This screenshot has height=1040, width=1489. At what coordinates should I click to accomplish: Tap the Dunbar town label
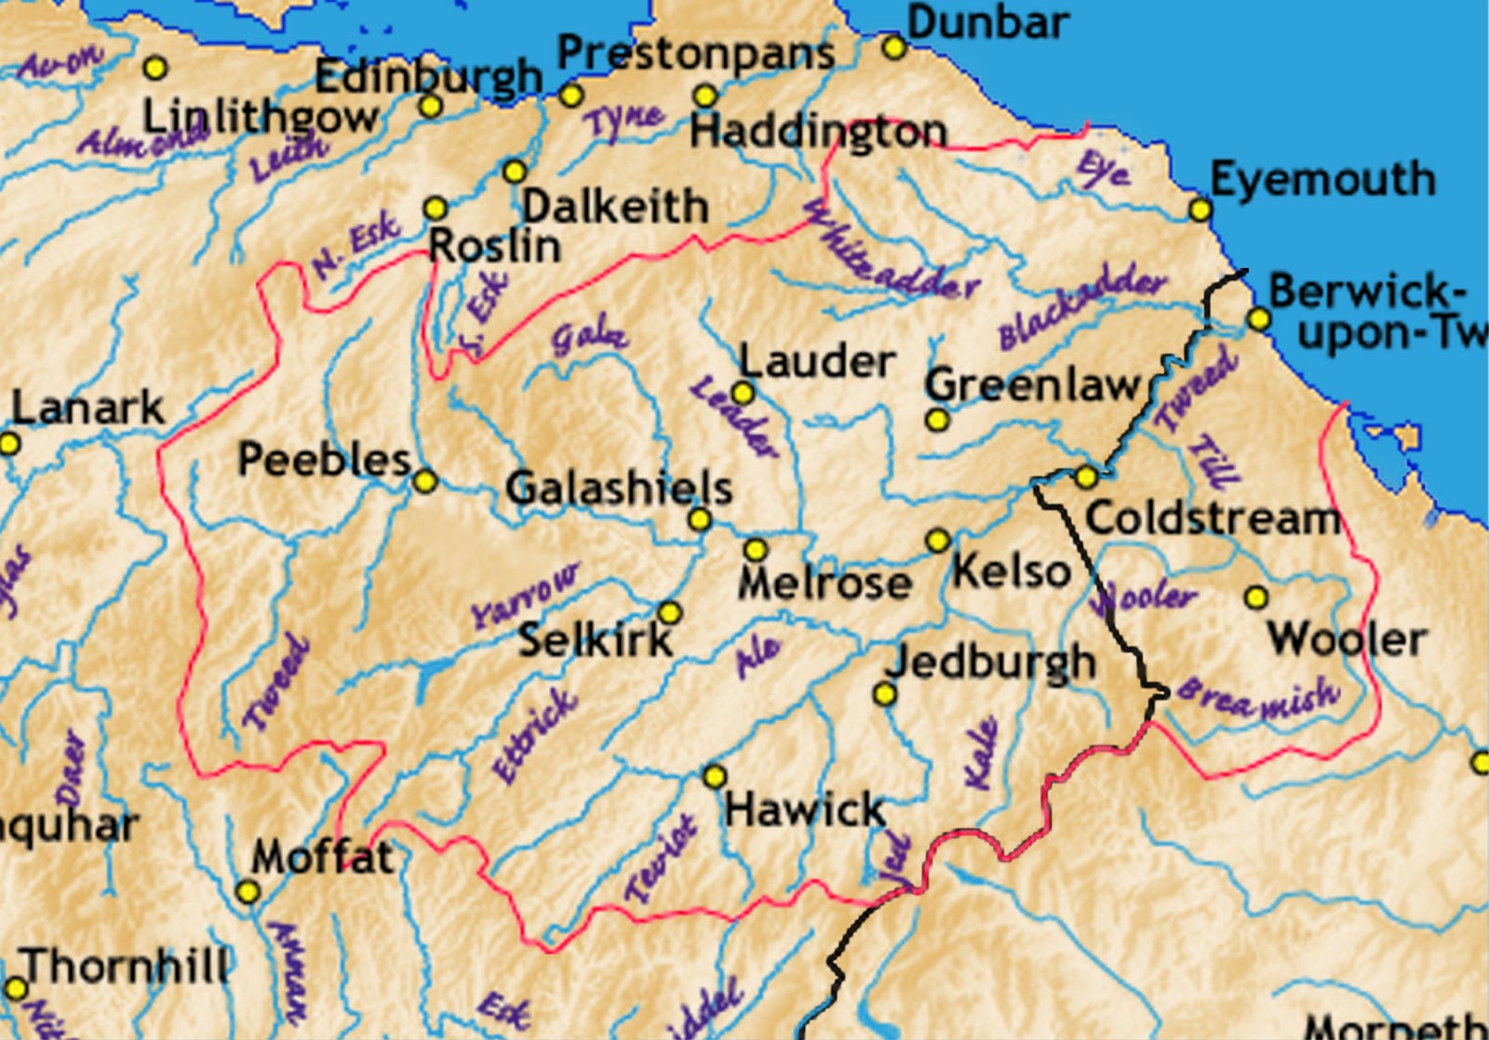(987, 22)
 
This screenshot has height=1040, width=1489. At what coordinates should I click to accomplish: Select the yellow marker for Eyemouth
(1201, 210)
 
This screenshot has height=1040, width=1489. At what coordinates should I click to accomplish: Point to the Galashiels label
(619, 487)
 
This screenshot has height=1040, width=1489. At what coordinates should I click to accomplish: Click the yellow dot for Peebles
(424, 481)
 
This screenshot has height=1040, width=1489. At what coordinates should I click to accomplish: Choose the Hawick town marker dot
(714, 776)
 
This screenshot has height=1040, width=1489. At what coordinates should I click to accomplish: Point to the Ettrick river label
(534, 735)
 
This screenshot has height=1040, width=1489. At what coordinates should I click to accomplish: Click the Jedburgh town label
(991, 662)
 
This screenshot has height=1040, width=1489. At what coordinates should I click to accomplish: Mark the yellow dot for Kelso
(938, 540)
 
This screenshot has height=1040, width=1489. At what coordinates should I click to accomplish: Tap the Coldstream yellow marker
(1085, 477)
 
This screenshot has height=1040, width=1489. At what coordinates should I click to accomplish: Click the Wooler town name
(1347, 639)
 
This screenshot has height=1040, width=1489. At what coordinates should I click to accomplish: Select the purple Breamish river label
(1258, 699)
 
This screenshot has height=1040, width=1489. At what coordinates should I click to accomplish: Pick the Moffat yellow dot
(247, 892)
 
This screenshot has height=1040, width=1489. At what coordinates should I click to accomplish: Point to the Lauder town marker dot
(742, 393)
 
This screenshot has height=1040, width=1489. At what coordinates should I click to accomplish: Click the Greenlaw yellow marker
(937, 420)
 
